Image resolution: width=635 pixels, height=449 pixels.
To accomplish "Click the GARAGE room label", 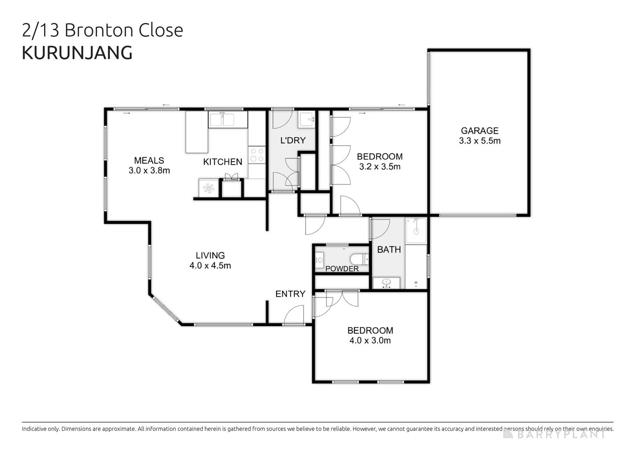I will (x=479, y=131).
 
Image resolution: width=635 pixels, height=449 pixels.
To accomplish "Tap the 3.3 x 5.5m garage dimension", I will (x=479, y=141).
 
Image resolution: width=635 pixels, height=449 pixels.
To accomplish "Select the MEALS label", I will (x=149, y=160).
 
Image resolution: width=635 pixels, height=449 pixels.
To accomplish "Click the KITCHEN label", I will (x=223, y=162).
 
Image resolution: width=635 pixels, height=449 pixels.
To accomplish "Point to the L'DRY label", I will (x=293, y=140).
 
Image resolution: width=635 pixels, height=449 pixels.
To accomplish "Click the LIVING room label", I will (x=210, y=255).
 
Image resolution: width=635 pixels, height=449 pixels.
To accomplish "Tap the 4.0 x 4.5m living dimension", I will (x=210, y=266).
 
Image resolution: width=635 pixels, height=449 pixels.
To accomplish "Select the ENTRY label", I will (x=290, y=294).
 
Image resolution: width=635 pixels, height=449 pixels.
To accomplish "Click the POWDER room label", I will (x=342, y=269).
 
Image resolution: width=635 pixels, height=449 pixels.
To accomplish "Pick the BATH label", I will (x=389, y=250).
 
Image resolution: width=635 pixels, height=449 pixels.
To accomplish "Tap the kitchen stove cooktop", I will (x=256, y=155).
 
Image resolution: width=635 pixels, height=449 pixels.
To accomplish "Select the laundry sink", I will (x=307, y=119).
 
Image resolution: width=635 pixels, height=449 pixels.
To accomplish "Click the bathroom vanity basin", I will (x=386, y=283).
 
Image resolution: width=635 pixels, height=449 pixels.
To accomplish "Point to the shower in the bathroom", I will (x=416, y=230).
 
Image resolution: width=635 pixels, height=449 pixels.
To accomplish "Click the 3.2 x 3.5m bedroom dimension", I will (x=379, y=167).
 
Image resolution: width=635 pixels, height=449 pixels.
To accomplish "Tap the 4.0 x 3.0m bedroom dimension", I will (x=370, y=341).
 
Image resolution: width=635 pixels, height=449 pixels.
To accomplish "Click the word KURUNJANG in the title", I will (x=77, y=53).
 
